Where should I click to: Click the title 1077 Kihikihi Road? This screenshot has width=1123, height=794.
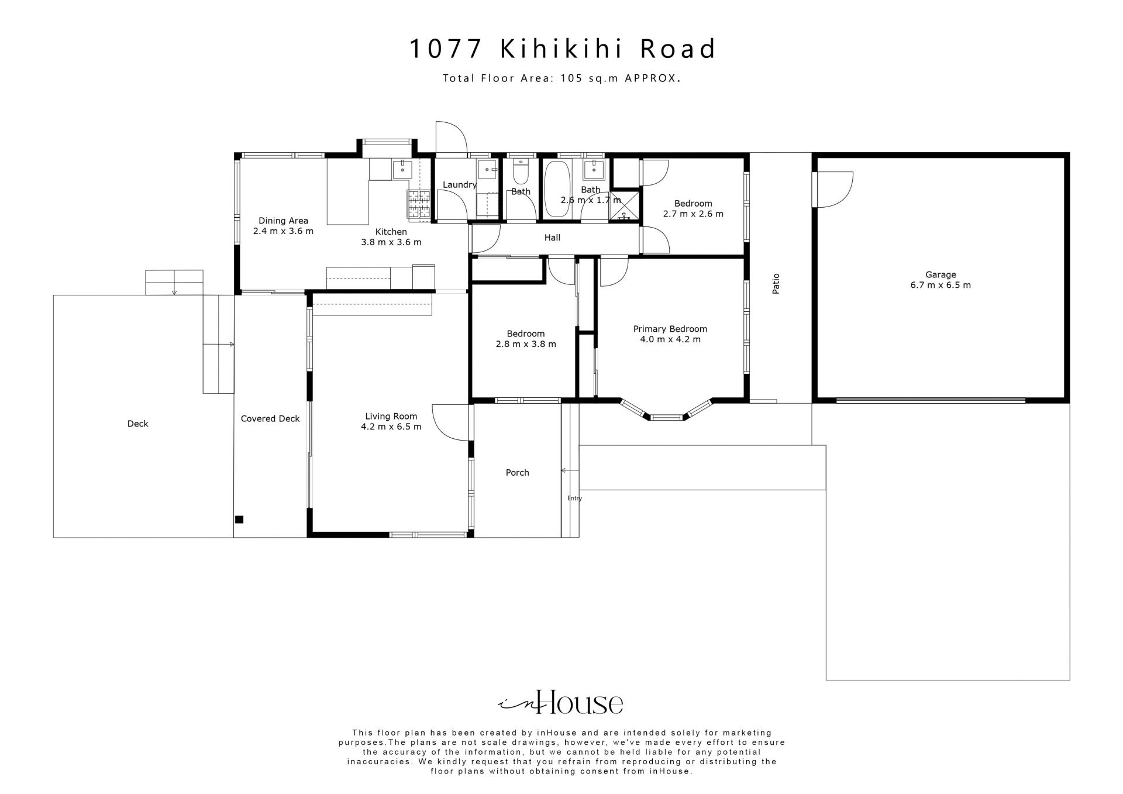561,49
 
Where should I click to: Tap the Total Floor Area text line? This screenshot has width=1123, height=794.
561,78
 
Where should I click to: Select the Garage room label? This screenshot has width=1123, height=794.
941,274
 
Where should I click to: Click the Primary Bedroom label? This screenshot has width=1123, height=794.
670,329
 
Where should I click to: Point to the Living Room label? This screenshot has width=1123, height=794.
391,417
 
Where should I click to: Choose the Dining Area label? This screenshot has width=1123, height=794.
283,221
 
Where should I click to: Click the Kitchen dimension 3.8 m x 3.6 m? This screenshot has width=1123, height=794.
391,242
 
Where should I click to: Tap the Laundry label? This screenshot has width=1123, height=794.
460,185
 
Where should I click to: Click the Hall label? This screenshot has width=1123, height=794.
552,238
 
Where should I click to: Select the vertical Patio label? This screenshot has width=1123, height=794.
776,283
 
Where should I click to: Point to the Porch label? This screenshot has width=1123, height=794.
517,473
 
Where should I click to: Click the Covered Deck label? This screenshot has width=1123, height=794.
270,419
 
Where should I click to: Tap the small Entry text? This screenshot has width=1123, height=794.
574,499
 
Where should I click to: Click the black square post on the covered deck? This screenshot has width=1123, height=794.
239,519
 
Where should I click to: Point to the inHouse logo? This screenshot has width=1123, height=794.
560,702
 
